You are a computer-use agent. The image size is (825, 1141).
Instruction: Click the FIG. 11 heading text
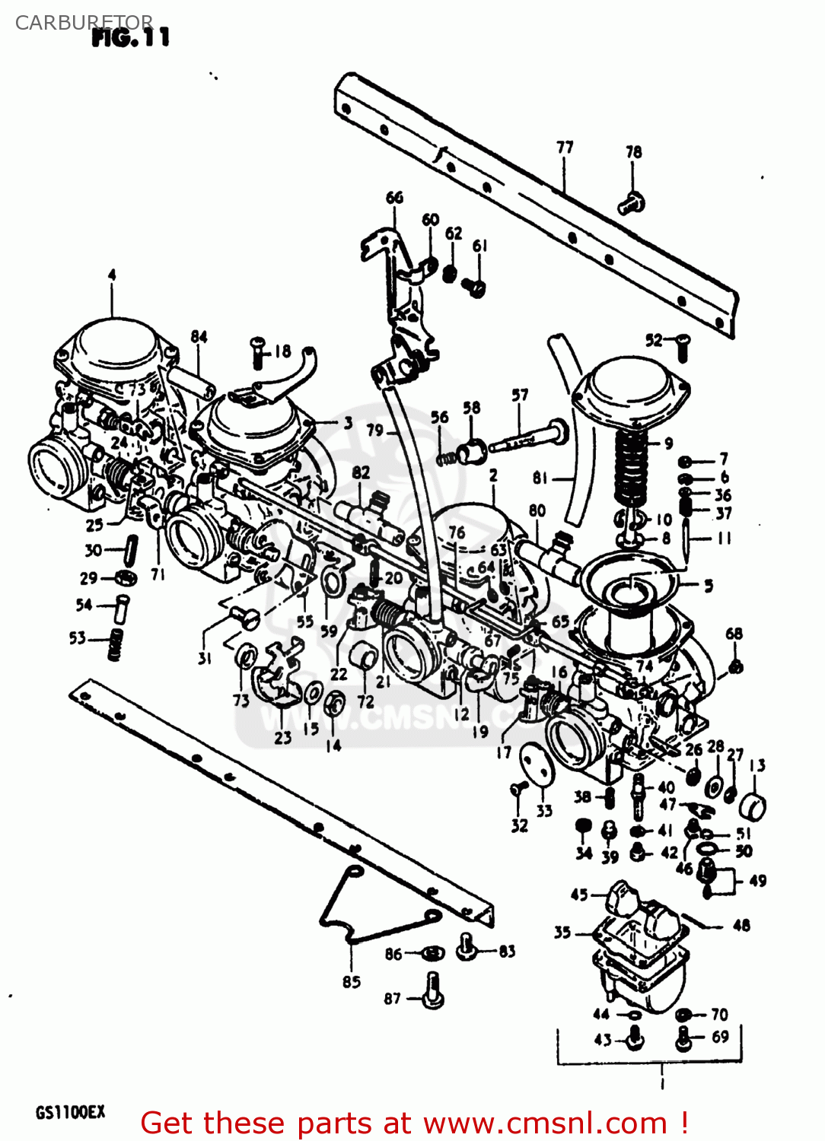(130, 37)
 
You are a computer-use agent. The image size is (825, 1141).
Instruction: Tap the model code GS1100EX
(70, 1112)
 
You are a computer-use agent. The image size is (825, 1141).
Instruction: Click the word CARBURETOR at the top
(84, 23)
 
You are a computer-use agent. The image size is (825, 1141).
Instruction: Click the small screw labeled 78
(631, 202)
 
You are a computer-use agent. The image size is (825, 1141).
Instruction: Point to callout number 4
(112, 275)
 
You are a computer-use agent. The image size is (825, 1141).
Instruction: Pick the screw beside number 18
(258, 352)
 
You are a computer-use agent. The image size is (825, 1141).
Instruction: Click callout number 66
(394, 198)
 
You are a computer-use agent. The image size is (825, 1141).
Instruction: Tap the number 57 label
(520, 395)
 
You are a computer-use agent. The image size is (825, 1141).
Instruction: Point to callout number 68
(734, 634)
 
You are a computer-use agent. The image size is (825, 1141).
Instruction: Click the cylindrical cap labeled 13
(752, 805)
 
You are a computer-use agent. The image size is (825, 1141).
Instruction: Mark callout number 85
(351, 982)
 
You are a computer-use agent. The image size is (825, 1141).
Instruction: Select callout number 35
(562, 932)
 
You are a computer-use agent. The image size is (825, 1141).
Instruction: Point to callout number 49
(757, 881)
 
